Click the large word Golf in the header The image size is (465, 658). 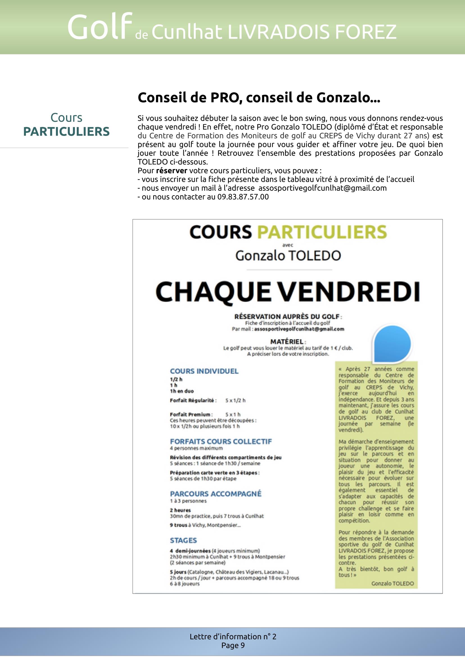(x=97, y=28)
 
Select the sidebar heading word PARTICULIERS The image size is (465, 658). (x=66, y=132)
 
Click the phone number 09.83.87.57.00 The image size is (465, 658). (x=243, y=197)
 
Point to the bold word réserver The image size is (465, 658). (x=171, y=171)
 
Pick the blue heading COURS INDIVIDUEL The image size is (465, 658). (x=204, y=371)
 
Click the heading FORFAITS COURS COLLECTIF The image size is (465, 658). (x=221, y=441)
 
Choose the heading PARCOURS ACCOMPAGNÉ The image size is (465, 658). (x=216, y=494)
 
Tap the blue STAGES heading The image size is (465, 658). (x=183, y=540)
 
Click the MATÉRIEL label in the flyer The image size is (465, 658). (x=287, y=342)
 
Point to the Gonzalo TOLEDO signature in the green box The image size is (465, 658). (x=392, y=583)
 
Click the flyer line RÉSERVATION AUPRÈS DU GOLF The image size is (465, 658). (x=287, y=317)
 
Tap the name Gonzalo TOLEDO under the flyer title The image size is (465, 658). (x=288, y=256)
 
